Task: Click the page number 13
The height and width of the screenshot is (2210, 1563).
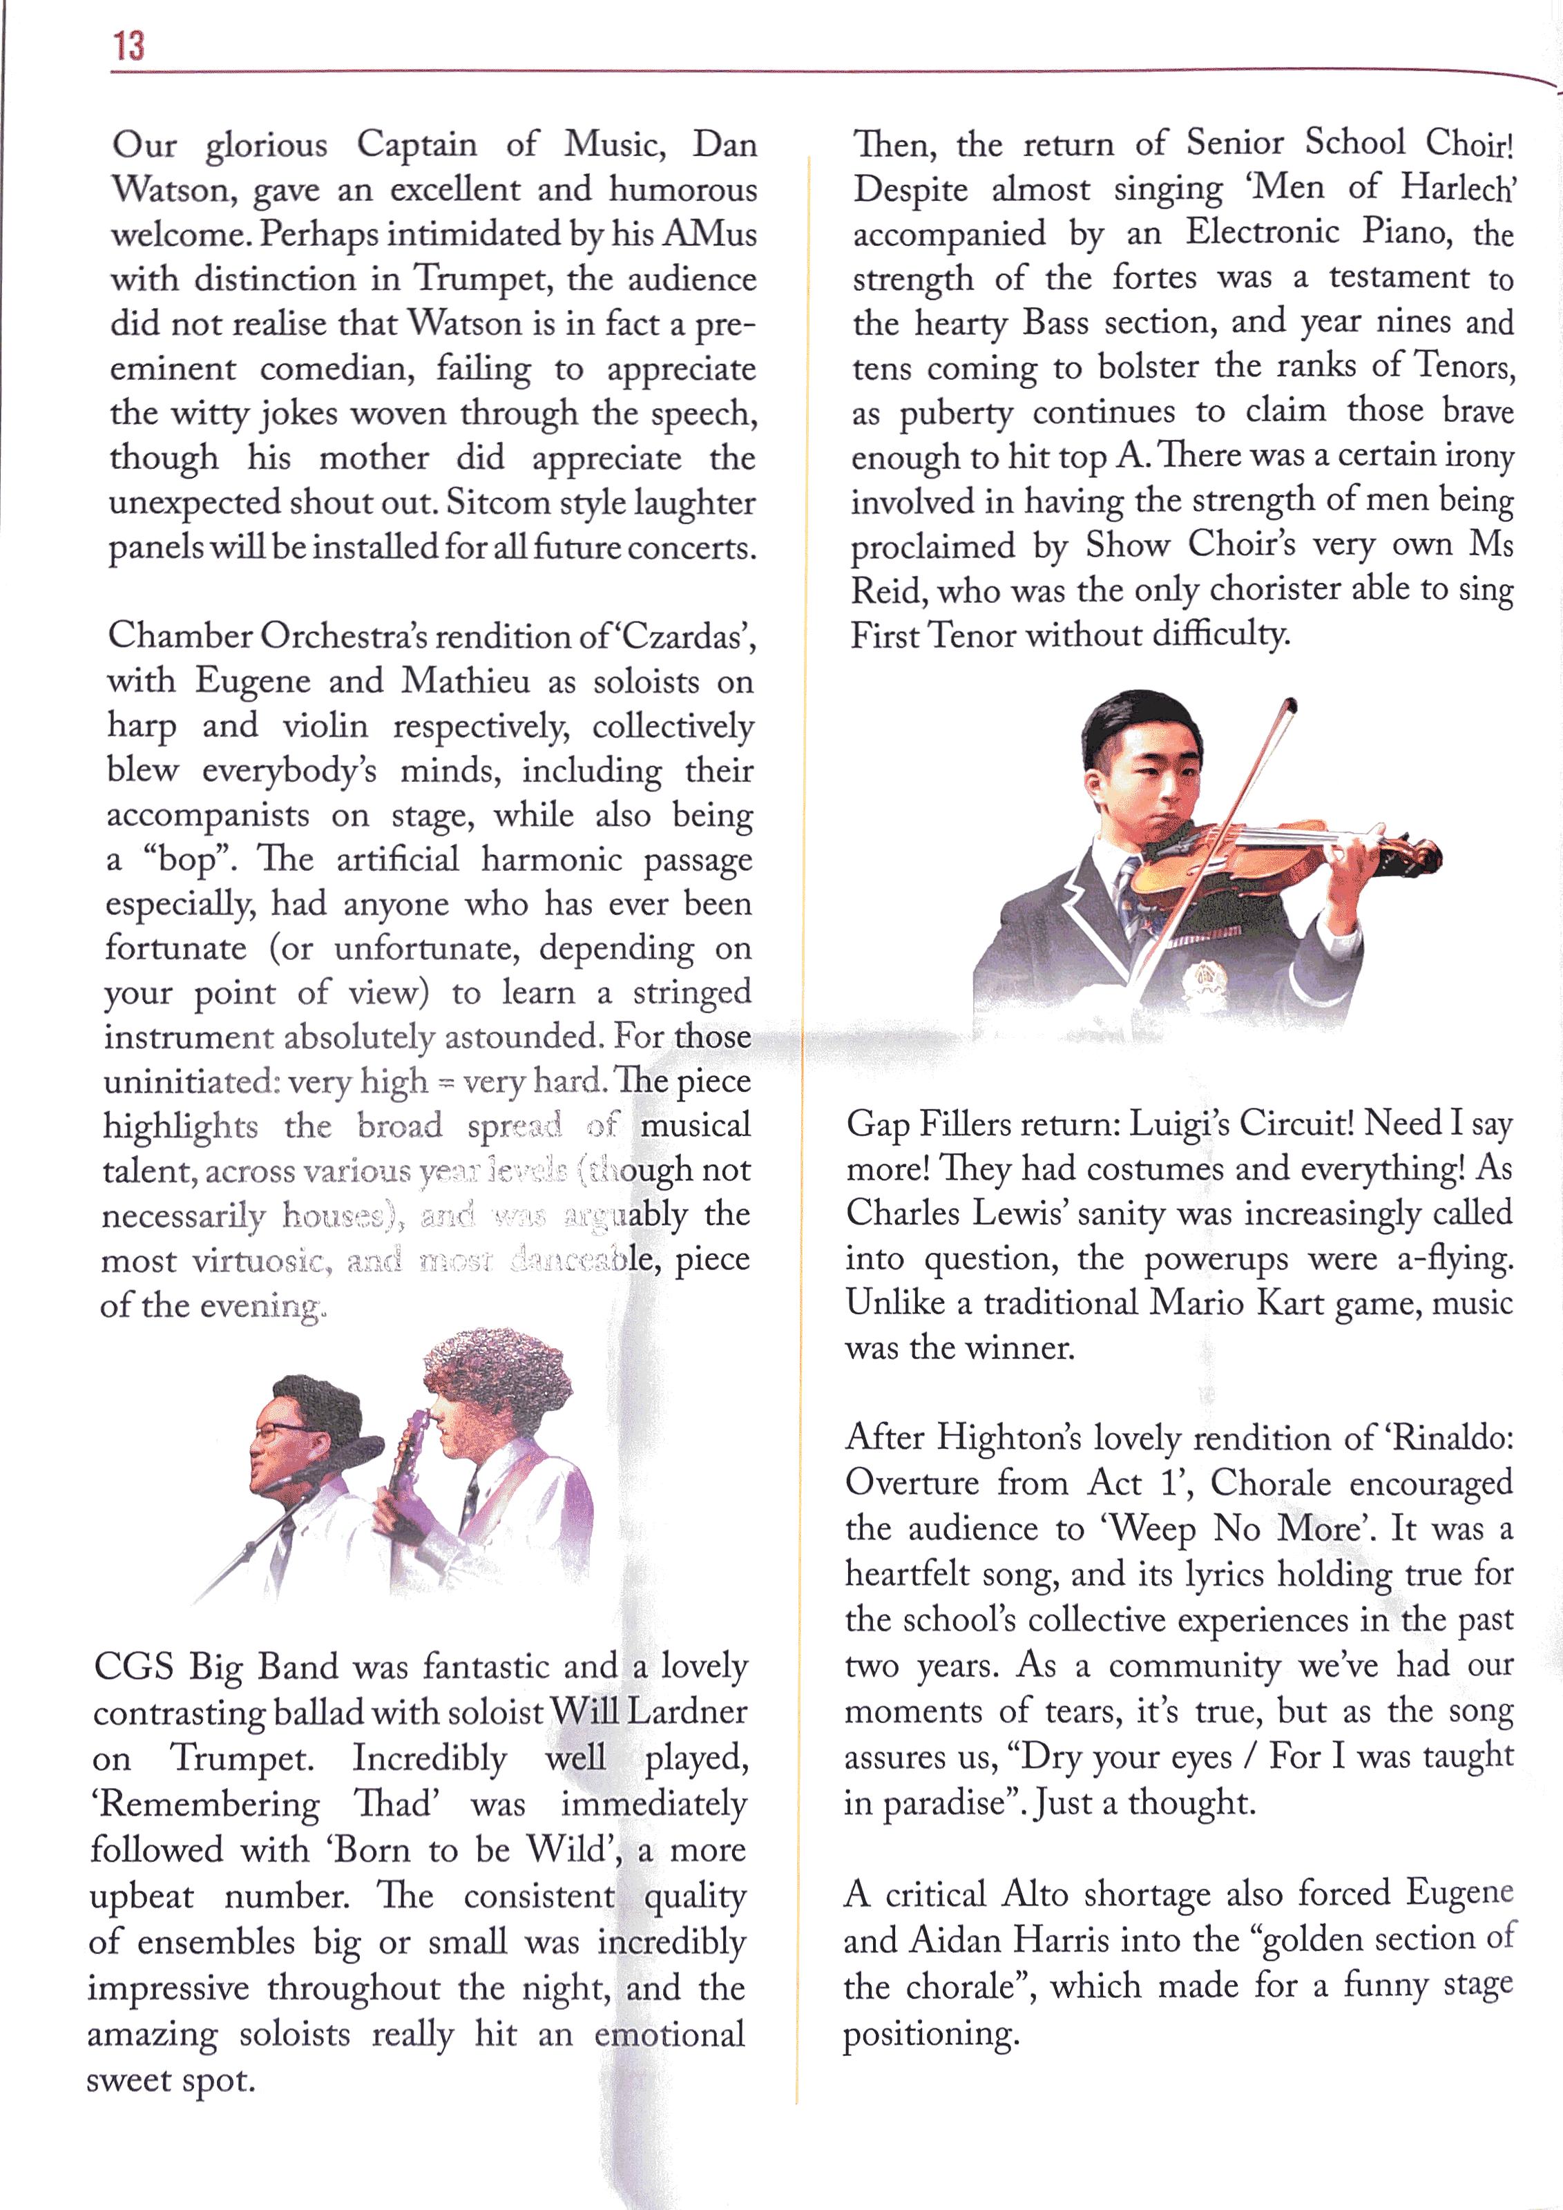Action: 128,46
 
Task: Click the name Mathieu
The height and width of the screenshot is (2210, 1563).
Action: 465,682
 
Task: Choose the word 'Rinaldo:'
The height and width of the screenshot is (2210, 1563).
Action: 1453,1438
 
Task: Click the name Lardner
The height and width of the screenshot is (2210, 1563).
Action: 687,1712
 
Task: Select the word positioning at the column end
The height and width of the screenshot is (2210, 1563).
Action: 930,2035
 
